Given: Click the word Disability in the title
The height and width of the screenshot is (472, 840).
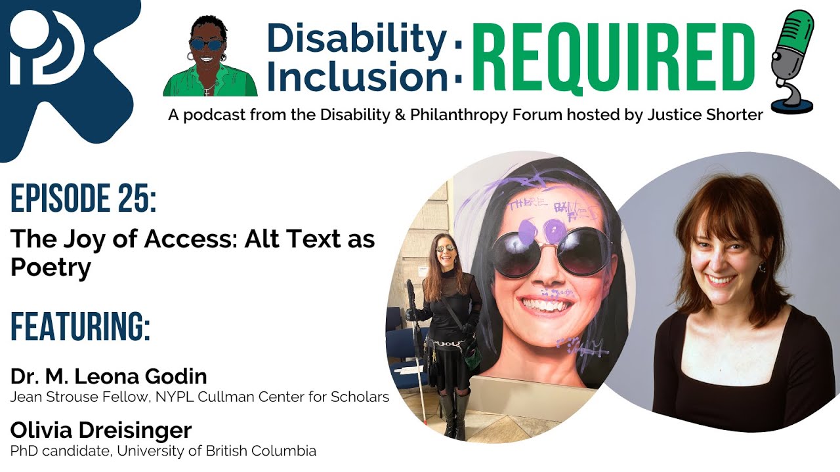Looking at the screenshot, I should click(x=357, y=39).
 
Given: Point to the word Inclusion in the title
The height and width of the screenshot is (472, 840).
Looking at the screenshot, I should click(x=357, y=77).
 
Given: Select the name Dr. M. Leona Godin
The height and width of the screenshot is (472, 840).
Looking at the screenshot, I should click(x=109, y=376).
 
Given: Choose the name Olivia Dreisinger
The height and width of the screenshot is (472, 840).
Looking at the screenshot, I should click(x=101, y=431).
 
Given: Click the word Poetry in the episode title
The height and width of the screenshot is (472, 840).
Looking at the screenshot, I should click(x=50, y=267).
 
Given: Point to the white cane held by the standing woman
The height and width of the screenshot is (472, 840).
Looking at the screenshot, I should click(x=420, y=367).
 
